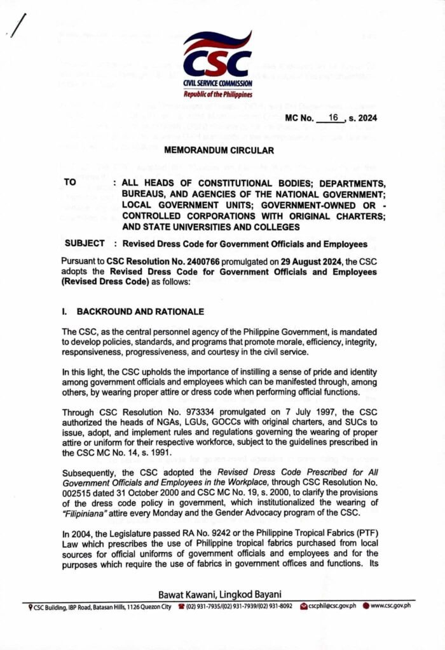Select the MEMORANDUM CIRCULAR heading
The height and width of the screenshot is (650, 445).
pyautogui.click(x=219, y=151)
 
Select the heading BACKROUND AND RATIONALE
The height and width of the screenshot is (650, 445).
pyautogui.click(x=140, y=312)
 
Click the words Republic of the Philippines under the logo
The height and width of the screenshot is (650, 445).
pyautogui.click(x=218, y=94)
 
